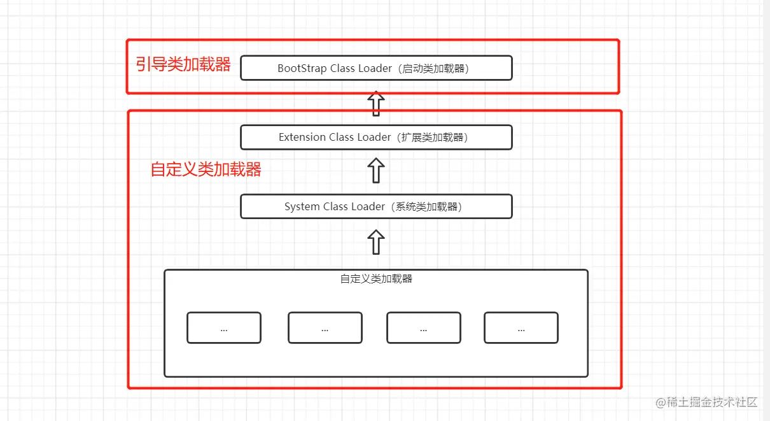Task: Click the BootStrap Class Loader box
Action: pos(376,68)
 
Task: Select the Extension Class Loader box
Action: pos(376,137)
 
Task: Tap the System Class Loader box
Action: pos(376,206)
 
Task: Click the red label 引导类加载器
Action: pos(183,64)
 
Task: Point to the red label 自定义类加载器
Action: pos(206,169)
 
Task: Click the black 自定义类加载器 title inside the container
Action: pos(376,279)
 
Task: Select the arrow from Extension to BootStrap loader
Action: pos(376,103)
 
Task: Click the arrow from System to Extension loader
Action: pos(376,171)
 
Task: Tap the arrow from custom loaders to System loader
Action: pos(376,242)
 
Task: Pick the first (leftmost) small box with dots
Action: pos(224,328)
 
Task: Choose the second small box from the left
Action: pos(325,328)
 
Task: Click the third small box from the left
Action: pos(424,328)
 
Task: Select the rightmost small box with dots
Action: pos(521,328)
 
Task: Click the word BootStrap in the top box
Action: pos(302,68)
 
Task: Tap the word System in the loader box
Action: pos(302,207)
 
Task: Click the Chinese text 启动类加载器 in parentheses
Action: pos(436,68)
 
